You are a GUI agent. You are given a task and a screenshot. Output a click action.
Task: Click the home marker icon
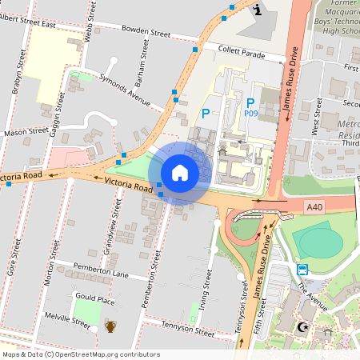coord(180,173)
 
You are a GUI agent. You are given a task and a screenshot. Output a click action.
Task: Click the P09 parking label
coord(250,114)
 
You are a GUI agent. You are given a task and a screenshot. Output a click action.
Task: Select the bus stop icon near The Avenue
coord(303,269)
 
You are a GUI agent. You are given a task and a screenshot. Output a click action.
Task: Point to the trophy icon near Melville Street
coord(110,326)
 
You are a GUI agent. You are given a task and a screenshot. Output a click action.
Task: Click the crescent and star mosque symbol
coord(302,326)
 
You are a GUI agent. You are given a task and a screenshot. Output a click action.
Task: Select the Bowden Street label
coord(146,34)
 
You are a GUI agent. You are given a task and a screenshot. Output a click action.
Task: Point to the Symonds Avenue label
coord(124,90)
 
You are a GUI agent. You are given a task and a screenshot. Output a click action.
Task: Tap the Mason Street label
coord(26,130)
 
